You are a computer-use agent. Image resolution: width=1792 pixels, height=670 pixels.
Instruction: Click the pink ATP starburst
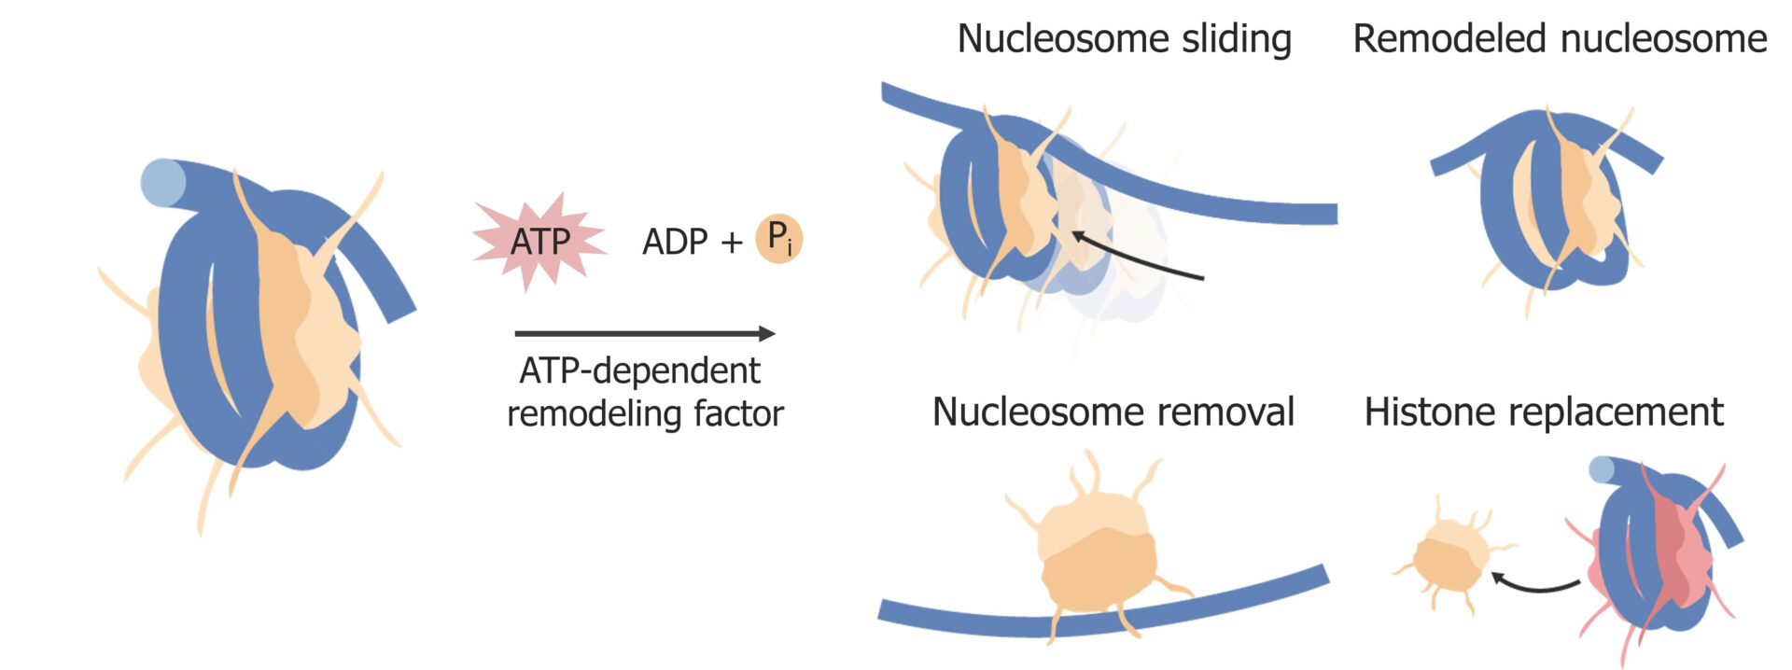click(539, 242)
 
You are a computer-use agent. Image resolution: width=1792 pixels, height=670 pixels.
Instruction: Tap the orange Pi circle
click(778, 239)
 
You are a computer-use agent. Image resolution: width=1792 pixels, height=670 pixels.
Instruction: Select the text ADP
click(675, 243)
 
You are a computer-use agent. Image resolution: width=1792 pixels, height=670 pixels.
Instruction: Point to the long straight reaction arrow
click(644, 333)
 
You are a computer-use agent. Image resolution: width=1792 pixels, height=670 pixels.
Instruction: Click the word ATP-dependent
click(639, 371)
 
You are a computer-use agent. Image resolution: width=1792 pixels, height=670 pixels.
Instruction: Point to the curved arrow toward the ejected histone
click(1536, 585)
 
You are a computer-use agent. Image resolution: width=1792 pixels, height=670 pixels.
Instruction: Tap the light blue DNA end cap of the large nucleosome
click(161, 182)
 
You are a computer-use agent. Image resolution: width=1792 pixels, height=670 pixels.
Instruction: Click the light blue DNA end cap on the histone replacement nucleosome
click(1602, 468)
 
